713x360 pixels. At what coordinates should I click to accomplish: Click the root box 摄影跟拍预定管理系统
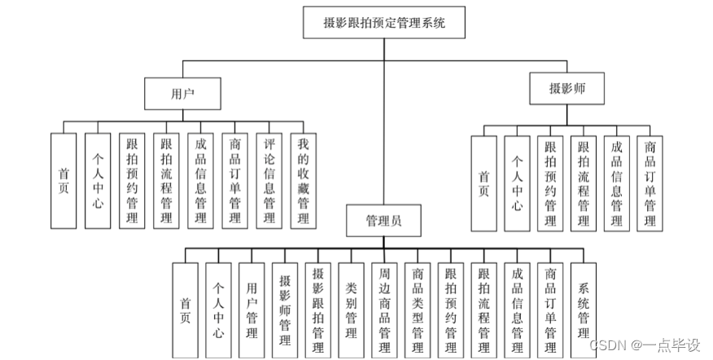[x=384, y=23]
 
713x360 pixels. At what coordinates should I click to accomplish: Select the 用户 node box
[x=183, y=94]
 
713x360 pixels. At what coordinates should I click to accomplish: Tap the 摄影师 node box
[x=567, y=88]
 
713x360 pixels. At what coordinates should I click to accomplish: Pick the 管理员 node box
[x=383, y=220]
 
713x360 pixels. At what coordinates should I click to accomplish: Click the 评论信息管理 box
[x=269, y=181]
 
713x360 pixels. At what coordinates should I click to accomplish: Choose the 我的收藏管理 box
[x=303, y=181]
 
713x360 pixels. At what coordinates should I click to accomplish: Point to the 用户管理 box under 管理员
[x=252, y=310]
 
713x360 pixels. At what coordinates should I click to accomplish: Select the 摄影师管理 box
[x=285, y=310]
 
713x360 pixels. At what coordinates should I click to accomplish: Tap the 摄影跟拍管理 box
[x=318, y=310]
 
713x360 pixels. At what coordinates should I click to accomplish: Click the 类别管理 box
[x=352, y=310]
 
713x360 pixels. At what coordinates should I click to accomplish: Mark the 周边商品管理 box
[x=384, y=310]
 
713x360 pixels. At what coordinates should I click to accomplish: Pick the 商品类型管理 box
[x=418, y=310]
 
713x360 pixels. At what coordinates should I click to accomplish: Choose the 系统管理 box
[x=584, y=310]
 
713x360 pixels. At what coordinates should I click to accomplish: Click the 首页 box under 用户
[x=63, y=181]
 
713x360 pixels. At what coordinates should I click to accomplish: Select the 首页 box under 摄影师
[x=483, y=183]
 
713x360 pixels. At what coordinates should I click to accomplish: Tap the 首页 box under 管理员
[x=185, y=310]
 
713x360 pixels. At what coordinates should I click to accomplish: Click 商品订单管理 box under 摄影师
[x=650, y=183]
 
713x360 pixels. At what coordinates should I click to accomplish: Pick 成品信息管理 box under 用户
[x=201, y=181]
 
